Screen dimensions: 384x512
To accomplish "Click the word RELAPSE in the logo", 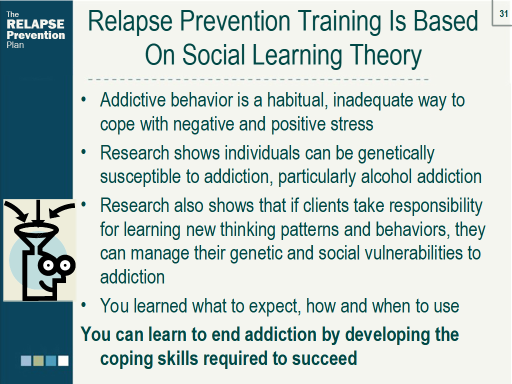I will pyautogui.click(x=35, y=24).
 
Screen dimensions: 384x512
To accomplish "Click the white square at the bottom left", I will pyautogui.click(x=63, y=360).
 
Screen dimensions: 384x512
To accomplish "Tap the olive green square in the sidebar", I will pyautogui.click(x=38, y=360).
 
